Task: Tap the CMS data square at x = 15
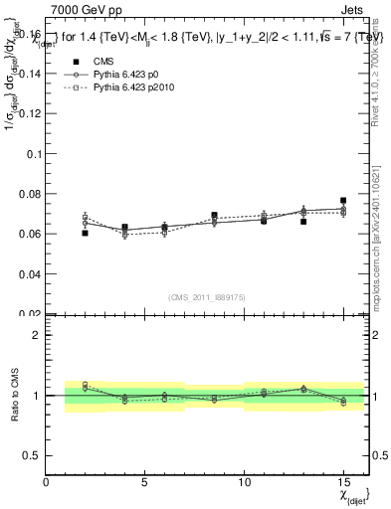343,201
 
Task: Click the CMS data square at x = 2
86,233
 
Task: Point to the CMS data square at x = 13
303,222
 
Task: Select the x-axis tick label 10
244,482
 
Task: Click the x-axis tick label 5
145,482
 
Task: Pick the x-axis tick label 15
343,482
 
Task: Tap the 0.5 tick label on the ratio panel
32,454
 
